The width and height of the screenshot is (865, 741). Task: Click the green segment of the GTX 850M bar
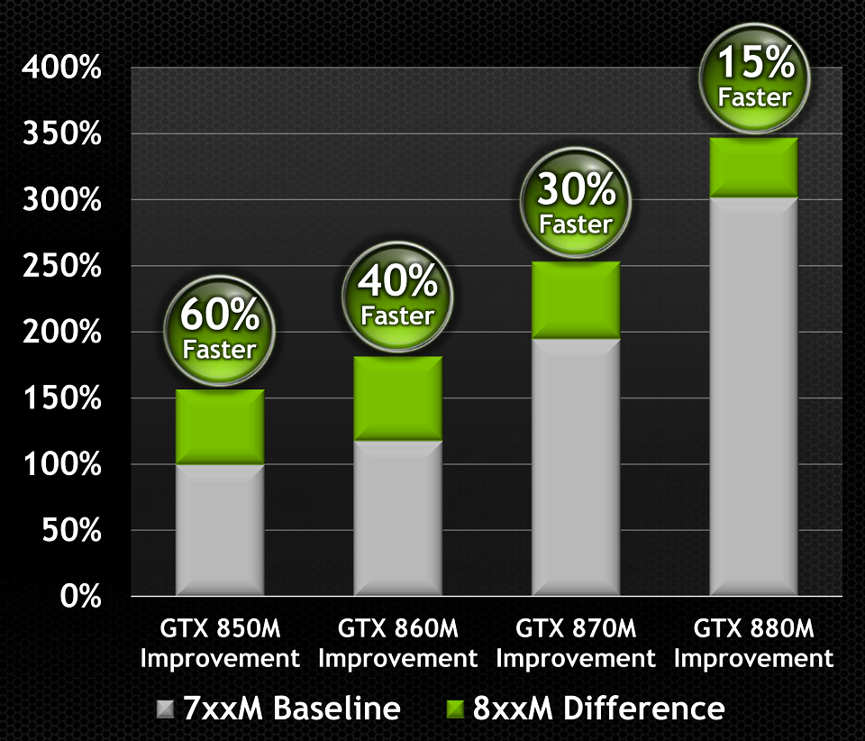tap(220, 426)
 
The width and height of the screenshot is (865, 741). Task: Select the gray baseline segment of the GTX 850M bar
tap(220, 529)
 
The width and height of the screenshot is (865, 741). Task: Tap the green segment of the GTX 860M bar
tap(397, 398)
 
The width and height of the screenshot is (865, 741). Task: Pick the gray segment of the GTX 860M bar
tap(397, 517)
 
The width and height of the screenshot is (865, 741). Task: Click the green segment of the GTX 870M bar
tap(576, 300)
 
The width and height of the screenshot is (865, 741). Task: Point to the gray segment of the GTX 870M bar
tap(576, 466)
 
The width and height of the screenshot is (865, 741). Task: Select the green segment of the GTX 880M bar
tap(754, 167)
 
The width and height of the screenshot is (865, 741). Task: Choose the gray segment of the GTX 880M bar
tap(754, 396)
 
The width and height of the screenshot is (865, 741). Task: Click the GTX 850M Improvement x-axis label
tap(220, 643)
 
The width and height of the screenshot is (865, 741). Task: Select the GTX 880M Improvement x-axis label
tap(754, 643)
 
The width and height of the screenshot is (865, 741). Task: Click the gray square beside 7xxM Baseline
tap(166, 709)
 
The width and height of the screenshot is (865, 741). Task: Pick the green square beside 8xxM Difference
tap(456, 709)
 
